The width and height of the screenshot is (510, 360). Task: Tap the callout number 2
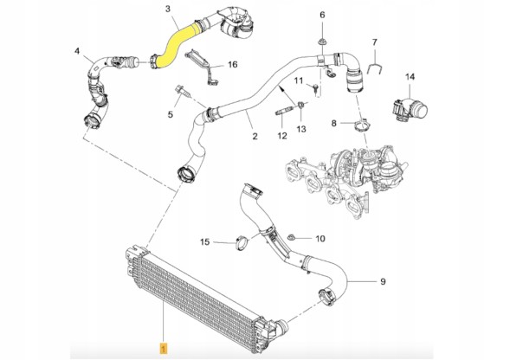255,137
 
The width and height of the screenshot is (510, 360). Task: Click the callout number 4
77,52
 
